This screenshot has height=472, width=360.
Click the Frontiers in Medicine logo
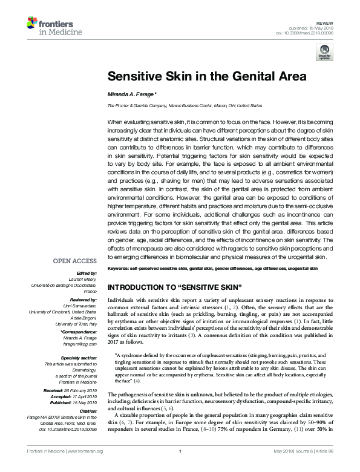48,25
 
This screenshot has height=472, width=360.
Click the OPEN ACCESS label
75,261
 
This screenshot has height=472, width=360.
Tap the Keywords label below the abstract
120,267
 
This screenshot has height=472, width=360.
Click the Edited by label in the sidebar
87,273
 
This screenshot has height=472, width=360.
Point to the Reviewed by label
83,299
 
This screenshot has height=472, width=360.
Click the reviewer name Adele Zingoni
82,318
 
